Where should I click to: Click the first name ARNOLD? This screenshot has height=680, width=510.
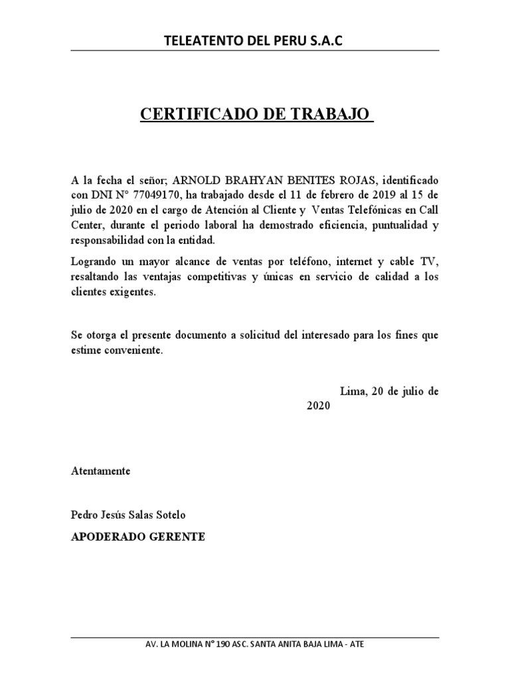click(x=195, y=181)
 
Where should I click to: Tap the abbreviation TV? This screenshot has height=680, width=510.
click(x=431, y=260)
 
